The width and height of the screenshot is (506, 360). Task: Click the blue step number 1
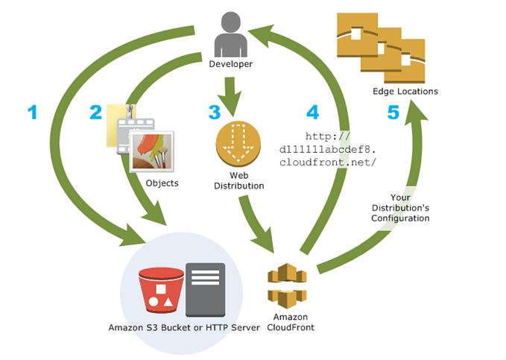(32, 113)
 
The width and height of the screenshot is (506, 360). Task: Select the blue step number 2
(96, 113)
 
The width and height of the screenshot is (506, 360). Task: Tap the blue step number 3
(214, 113)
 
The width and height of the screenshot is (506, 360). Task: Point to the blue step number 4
(313, 113)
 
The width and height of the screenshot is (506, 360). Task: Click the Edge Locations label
(405, 92)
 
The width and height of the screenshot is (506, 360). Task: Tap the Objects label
(162, 183)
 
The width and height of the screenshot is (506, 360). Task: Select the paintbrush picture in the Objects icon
(152, 151)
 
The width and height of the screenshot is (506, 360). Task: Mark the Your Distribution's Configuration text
(400, 208)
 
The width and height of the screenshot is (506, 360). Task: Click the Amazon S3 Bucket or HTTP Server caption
(184, 328)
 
